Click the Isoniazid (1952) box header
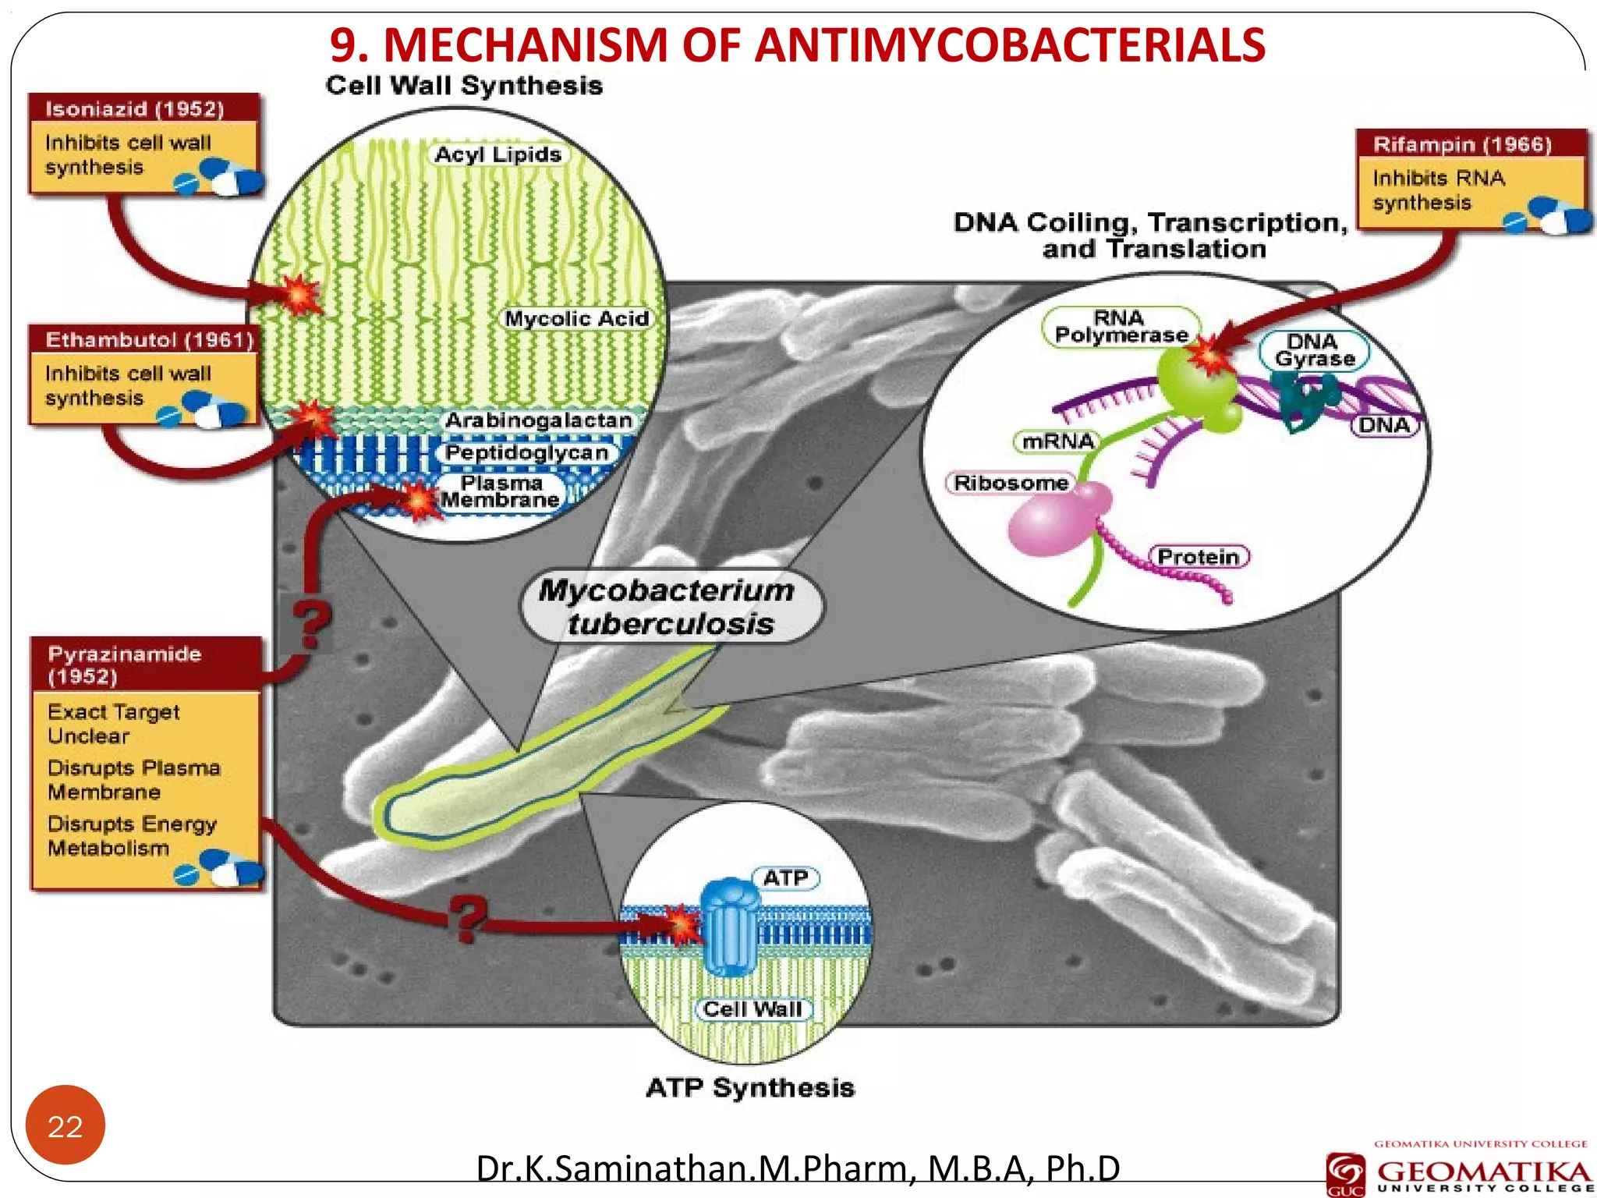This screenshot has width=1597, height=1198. [x=135, y=108]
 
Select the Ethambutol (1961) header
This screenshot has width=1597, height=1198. [x=149, y=339]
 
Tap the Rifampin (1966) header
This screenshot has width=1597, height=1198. [x=1462, y=144]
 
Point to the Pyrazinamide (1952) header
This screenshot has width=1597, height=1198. [x=125, y=664]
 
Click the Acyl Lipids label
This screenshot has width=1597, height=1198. [x=498, y=154]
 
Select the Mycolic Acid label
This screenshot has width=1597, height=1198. [x=576, y=318]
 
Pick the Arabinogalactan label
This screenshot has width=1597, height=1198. [x=538, y=420]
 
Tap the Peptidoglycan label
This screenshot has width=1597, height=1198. [x=526, y=452]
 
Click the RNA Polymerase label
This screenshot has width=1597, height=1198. [x=1121, y=327]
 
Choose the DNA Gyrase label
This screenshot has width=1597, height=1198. [x=1315, y=350]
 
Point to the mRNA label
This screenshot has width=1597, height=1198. [x=1058, y=441]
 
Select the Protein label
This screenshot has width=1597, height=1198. [x=1198, y=557]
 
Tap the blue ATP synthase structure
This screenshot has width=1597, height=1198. [x=730, y=927]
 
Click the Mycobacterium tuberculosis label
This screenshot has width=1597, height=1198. [x=669, y=607]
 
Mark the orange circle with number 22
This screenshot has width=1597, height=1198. [x=65, y=1125]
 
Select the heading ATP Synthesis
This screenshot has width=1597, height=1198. [x=750, y=1087]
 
